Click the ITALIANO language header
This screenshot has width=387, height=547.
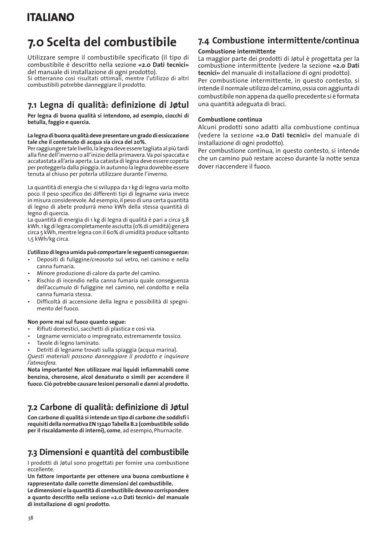pyautogui.click(x=51, y=17)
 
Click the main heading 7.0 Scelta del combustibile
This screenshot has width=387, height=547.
pyautogui.click(x=102, y=42)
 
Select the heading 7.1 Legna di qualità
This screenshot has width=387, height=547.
pyautogui.click(x=108, y=105)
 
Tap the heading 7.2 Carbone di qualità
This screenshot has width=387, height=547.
pyautogui.click(x=108, y=407)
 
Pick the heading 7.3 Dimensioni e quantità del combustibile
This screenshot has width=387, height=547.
pyautogui.click(x=108, y=452)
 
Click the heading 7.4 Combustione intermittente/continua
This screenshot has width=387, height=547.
pyautogui.click(x=278, y=41)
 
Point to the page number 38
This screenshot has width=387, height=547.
pyautogui.click(x=30, y=518)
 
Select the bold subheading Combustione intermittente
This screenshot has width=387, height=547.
pyautogui.click(x=236, y=51)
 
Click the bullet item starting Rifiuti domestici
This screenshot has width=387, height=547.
pyautogui.click(x=96, y=329)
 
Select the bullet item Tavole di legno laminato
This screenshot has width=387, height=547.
pyautogui.click(x=68, y=343)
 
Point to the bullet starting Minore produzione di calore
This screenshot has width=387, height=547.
pyautogui.click(x=98, y=273)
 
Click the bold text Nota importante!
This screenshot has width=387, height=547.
pyautogui.click(x=50, y=370)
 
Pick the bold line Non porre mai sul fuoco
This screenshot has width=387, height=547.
pyautogui.click(x=76, y=322)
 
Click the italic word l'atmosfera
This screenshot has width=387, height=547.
pyautogui.click(x=42, y=363)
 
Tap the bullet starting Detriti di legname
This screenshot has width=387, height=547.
pyautogui.click(x=107, y=350)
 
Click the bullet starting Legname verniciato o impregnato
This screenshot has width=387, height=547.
pyautogui.click(x=109, y=336)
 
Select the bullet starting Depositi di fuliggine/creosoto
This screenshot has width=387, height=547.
pyautogui.click(x=112, y=260)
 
